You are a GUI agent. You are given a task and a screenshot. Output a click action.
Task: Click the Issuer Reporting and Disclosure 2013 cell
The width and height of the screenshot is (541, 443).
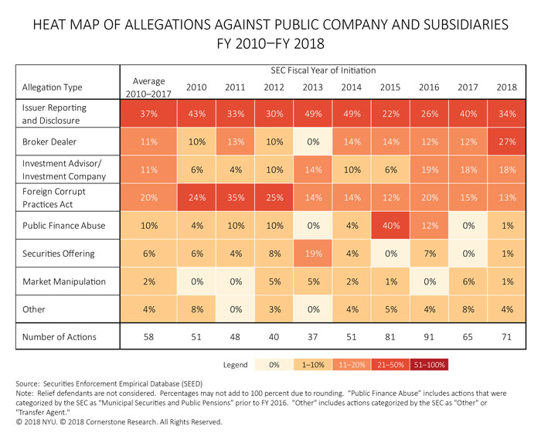tap(313, 114)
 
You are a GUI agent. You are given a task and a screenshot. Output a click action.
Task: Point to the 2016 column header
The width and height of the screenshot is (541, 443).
tap(430, 87)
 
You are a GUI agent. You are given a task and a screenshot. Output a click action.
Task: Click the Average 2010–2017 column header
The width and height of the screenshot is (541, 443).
tap(150, 87)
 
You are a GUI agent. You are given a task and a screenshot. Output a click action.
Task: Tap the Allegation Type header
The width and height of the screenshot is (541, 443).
tap(52, 87)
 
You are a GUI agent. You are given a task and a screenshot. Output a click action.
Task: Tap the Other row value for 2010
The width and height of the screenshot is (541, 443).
tap(196, 309)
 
